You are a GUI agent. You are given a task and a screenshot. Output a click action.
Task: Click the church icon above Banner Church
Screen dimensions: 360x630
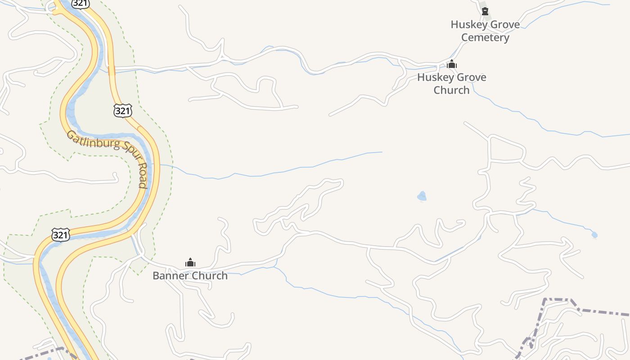pos(190,262)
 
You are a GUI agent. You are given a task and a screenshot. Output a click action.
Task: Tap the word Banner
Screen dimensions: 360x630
pos(171,276)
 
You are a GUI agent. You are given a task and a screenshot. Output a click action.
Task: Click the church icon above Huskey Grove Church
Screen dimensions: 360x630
pos(452,64)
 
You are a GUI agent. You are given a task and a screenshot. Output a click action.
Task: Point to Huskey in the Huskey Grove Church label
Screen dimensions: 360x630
pos(433,77)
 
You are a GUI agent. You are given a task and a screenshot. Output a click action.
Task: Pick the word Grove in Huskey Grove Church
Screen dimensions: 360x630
pos(470,77)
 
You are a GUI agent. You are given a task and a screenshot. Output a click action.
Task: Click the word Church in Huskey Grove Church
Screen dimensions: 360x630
pos(451,90)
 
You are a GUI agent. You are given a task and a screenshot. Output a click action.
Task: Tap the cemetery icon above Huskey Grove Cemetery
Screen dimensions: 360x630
pos(485,11)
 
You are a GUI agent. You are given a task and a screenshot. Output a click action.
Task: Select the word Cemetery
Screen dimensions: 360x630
pos(485,37)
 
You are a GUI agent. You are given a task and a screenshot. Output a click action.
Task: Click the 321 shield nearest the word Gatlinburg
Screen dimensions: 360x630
pos(122,111)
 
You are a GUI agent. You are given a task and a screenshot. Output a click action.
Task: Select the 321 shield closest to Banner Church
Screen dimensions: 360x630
pos(61,235)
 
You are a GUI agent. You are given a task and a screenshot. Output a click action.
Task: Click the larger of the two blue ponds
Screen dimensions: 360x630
pos(422,196)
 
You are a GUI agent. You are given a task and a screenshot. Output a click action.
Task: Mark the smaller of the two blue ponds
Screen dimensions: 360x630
pos(594,235)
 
